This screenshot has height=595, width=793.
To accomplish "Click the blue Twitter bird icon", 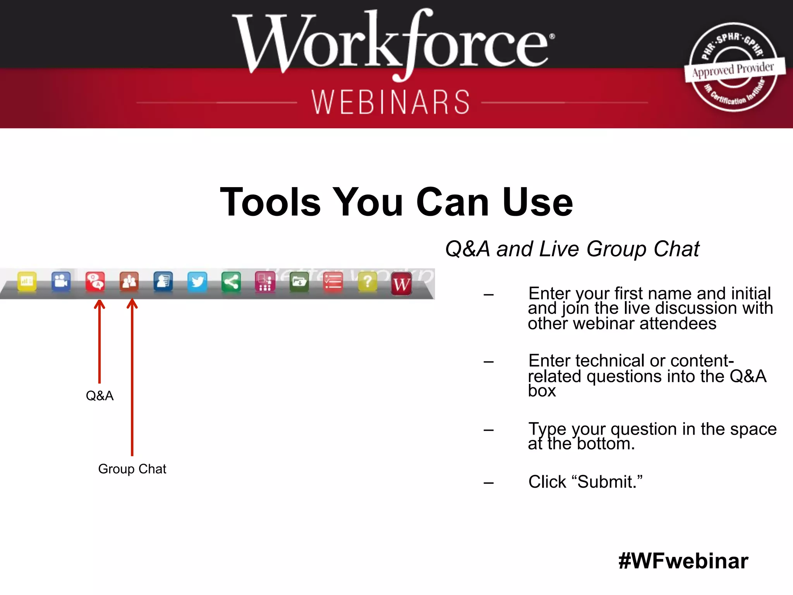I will point(197,282).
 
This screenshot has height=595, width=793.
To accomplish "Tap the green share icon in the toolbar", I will point(231,282).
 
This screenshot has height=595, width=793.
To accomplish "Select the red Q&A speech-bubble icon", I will point(95,282).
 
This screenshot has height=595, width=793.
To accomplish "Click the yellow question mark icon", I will point(367,282).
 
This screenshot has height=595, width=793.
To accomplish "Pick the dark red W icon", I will point(401,284).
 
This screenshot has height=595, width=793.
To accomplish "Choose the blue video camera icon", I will point(61,281).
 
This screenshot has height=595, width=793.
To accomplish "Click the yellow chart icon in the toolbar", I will point(27,281).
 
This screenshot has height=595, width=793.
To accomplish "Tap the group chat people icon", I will point(129,282).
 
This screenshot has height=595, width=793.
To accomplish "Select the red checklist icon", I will point(333,282).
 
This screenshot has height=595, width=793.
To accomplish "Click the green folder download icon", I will point(299,282).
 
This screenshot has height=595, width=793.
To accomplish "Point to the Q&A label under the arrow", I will point(100,396).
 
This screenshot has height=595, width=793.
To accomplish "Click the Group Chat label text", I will point(132,469).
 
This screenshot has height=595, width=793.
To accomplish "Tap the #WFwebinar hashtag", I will point(683,561).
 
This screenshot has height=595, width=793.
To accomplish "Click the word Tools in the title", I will point(270,202).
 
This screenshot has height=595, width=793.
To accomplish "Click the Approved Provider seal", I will point(733,68).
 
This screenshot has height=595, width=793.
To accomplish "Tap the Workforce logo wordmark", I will point(393,43).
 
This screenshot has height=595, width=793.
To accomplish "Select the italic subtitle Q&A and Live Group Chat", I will point(572,249).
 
